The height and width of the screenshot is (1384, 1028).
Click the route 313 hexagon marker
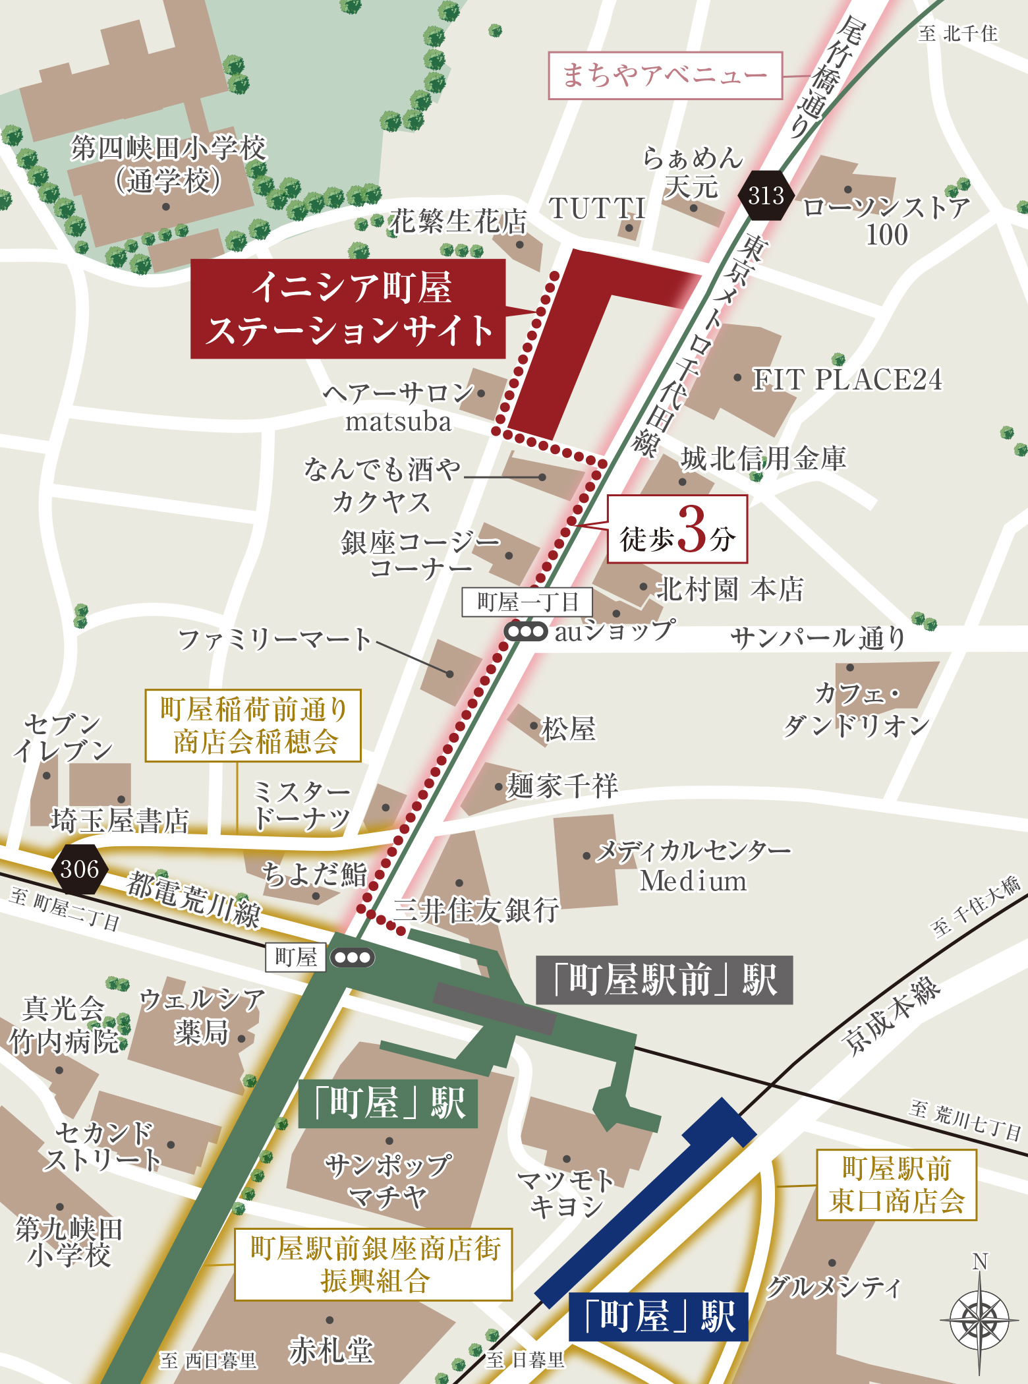coord(766,196)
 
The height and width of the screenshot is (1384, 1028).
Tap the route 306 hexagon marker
coord(80,869)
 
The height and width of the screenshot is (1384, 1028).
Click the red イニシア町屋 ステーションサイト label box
coord(348,309)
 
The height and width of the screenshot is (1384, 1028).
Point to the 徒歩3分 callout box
coord(677,530)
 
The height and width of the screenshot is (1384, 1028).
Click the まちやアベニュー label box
coord(665,76)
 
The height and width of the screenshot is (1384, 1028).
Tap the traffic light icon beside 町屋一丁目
coord(525,632)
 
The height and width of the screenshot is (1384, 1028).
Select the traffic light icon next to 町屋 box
coord(353,958)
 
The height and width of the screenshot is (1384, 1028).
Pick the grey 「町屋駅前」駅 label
coord(664,980)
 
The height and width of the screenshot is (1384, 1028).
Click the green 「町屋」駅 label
coord(388,1103)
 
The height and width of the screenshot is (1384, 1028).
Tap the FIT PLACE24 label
coord(847,380)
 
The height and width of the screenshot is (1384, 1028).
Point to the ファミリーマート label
coord(275,639)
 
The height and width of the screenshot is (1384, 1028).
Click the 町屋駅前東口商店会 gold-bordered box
coord(896,1185)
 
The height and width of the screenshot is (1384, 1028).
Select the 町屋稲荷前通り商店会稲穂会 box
coord(253,726)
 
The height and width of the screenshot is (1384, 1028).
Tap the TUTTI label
coord(597,209)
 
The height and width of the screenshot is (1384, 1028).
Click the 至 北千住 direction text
coord(958,34)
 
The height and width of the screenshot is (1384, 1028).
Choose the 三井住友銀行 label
coord(476,911)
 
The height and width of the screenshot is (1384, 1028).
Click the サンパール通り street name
coord(818,638)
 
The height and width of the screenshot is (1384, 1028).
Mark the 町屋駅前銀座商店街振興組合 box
coord(374,1264)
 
